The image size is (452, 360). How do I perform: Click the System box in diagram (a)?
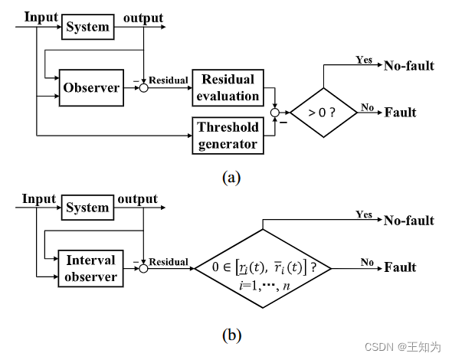[x=87, y=27]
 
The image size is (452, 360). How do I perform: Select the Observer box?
[x=91, y=87]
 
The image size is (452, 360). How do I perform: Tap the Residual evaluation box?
[x=228, y=88]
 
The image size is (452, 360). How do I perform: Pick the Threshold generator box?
[x=228, y=135]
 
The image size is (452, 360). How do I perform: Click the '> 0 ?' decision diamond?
[x=323, y=112]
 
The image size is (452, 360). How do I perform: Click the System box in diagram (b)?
[x=87, y=208]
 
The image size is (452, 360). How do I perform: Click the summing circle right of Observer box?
[x=143, y=88]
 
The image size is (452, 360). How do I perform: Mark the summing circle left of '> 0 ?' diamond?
[x=275, y=112]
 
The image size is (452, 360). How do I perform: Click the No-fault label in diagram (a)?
[x=408, y=66]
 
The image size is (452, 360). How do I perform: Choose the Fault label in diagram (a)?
[x=399, y=112]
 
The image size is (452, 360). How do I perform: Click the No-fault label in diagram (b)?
[x=408, y=221]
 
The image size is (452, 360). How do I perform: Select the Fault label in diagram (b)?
[x=399, y=267]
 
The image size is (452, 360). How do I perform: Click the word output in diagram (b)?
[x=137, y=199]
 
